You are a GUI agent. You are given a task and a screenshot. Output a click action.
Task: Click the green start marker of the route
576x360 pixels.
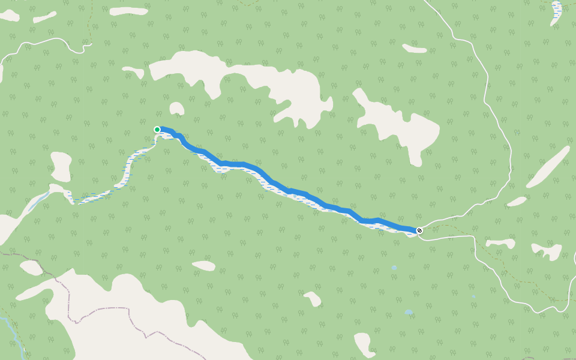[157, 130]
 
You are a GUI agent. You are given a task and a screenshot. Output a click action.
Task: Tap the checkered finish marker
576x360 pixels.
[419, 230]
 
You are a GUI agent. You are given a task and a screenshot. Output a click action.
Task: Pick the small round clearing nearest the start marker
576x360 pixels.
[176, 108]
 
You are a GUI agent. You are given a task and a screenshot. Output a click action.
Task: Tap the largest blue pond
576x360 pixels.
[408, 312]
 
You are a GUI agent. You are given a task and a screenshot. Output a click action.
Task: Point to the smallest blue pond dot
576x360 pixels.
[473, 296]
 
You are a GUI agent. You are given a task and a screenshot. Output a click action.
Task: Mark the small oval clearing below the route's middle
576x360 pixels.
[204, 265]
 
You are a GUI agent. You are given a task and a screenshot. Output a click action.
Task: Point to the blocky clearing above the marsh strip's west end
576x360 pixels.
[61, 166]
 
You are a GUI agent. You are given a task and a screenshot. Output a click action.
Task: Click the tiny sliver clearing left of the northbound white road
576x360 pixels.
[414, 48]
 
